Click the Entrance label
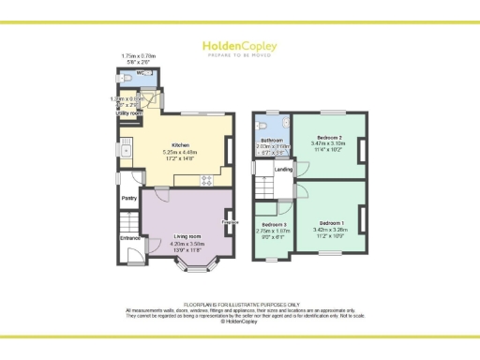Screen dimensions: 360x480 pos(129,237)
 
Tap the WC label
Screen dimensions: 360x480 pos(140,72)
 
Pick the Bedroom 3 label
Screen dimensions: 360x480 pos(274,226)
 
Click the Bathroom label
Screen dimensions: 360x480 pos(271,141)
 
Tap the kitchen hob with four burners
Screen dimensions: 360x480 pos(206,180)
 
